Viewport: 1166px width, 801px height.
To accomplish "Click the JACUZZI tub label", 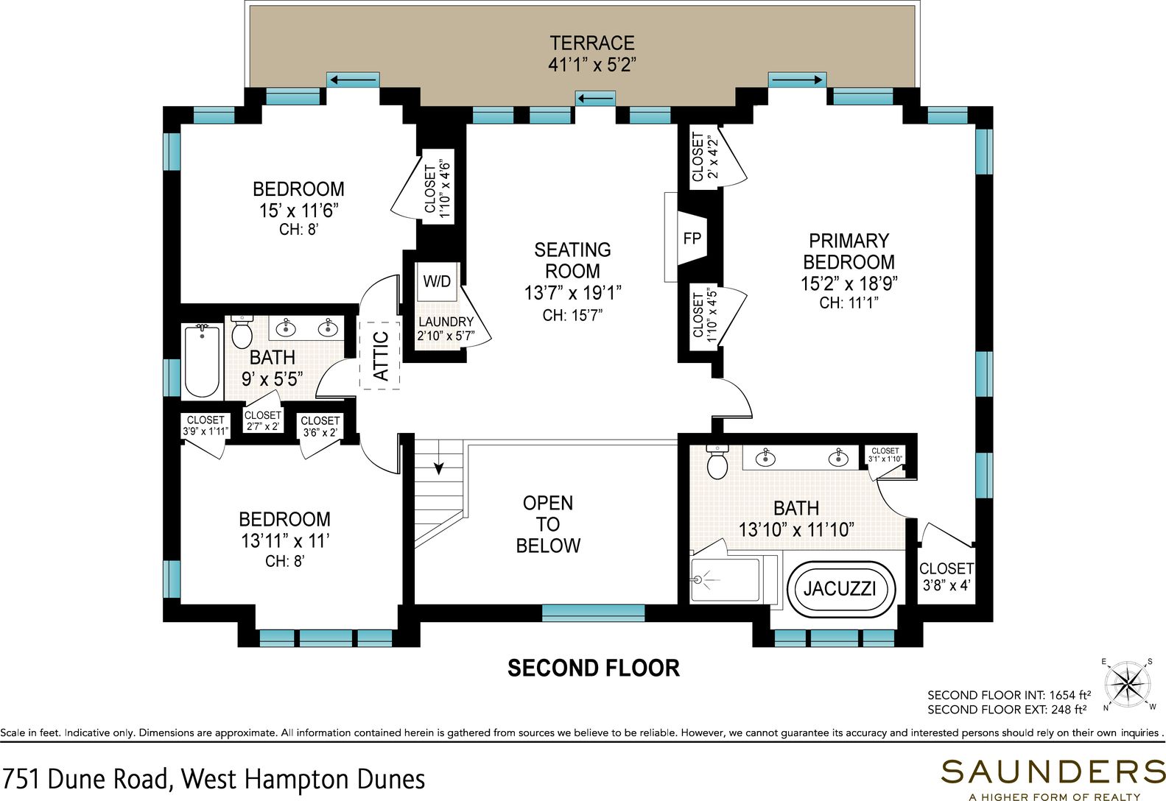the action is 840,589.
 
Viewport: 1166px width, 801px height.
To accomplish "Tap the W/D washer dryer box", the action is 438,281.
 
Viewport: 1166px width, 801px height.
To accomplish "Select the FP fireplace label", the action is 692,239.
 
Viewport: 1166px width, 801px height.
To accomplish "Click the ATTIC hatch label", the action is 381,356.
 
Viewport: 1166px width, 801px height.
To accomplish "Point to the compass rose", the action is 1128,685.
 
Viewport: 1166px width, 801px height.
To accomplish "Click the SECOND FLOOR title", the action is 594,668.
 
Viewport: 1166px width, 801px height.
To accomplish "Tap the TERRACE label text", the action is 592,43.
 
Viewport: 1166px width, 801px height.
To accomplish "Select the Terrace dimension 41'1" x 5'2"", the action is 592,65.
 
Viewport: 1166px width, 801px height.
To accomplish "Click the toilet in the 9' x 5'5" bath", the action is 242,332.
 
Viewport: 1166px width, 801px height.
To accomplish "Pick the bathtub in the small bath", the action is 203,361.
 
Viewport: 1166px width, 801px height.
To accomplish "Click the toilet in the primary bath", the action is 717,462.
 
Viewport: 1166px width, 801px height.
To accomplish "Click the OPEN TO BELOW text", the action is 548,524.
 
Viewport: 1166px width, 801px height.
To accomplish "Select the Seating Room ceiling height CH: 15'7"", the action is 572,315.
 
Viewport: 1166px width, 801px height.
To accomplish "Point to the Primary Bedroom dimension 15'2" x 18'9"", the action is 849,283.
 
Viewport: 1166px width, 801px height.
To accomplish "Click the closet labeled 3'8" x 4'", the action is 947,577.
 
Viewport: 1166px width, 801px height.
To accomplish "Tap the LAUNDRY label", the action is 446,322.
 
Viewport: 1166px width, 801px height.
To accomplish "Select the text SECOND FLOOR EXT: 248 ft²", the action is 1007,710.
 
